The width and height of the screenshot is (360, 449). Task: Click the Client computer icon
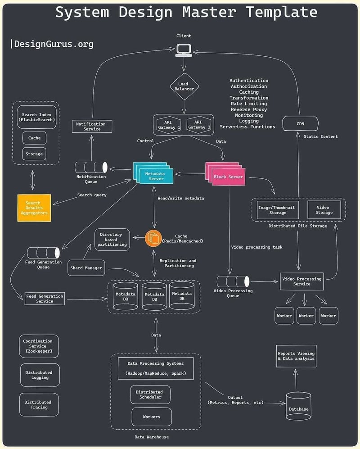[183, 50]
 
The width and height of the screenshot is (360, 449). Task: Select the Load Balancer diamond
[184, 86]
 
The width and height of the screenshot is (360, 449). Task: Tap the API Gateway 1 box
[168, 124]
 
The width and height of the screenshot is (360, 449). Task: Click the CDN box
[300, 123]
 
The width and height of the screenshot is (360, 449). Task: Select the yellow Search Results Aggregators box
[34, 208]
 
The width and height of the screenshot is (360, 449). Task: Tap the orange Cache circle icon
[153, 238]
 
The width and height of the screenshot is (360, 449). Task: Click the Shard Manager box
[86, 268]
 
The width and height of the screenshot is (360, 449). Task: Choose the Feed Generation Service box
[45, 299]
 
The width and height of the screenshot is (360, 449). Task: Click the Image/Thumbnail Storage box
[278, 210]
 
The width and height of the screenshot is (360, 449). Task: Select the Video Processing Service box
[301, 281]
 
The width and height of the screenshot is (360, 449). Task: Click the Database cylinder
[298, 407]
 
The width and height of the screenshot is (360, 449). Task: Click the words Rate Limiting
[249, 104]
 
